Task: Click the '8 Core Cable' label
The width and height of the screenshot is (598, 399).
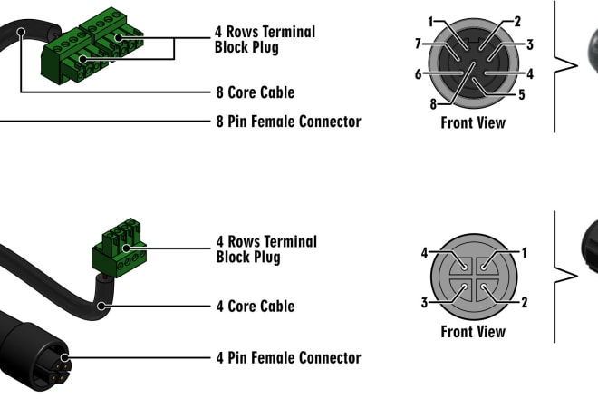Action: click(256, 92)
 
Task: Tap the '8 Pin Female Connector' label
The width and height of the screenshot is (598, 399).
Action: click(288, 122)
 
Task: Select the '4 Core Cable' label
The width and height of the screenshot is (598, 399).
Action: click(256, 307)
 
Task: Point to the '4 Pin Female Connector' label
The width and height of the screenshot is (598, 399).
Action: click(288, 358)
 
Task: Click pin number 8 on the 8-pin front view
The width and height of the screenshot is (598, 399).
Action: click(433, 104)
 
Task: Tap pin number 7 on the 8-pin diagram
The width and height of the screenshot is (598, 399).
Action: click(419, 44)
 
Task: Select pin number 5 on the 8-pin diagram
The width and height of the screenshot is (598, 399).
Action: click(522, 94)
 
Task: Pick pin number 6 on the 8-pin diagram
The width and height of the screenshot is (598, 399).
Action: click(419, 73)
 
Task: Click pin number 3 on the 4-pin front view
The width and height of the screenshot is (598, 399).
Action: click(424, 302)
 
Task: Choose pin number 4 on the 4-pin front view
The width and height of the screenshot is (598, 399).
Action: click(424, 253)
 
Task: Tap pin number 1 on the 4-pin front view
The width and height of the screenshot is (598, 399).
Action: click(525, 253)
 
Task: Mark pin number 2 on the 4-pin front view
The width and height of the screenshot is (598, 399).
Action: click(525, 302)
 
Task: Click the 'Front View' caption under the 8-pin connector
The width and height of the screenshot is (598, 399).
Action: click(473, 122)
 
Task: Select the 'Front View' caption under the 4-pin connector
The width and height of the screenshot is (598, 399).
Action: click(473, 331)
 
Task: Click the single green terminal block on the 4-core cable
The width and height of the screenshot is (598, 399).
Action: click(120, 248)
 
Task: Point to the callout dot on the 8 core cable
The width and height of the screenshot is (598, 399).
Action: click(22, 32)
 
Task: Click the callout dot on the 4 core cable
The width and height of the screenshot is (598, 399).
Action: click(101, 306)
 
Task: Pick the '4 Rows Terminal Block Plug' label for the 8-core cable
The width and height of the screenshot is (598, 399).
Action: click(265, 39)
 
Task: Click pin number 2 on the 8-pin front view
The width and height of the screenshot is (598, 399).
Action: click(517, 22)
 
